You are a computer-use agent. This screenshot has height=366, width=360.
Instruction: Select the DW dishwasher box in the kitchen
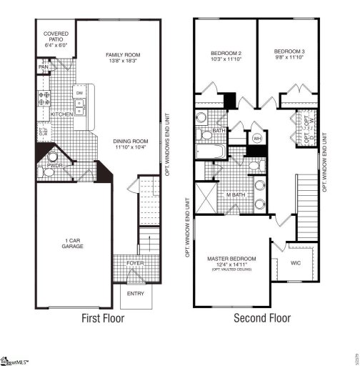pos(80,94)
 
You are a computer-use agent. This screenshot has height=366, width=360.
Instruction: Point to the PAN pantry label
pos(43,67)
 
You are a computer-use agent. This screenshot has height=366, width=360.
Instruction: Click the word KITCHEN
pos(61,114)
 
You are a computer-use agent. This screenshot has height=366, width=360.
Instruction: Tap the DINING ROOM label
pos(129,142)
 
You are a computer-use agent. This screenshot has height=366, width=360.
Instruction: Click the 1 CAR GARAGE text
pos(72,242)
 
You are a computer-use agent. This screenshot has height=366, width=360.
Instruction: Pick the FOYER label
pos(136,263)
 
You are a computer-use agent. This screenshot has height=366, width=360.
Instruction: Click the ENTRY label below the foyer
pos(135,293)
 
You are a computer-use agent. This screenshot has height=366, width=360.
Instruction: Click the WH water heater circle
pos(256,138)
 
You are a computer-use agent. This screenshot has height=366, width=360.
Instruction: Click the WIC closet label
pos(297,262)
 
